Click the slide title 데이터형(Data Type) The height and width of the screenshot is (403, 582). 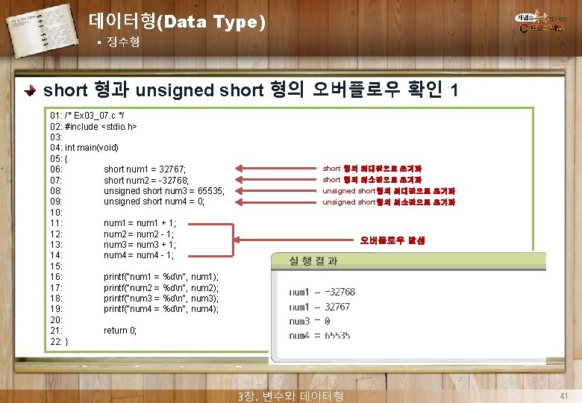[x=176, y=22]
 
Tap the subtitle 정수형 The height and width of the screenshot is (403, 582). [x=122, y=43]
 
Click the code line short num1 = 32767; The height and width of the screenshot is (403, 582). [x=145, y=169]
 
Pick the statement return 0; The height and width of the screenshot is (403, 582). [x=120, y=331]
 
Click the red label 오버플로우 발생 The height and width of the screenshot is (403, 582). [x=392, y=240]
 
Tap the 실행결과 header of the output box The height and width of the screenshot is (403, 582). [x=313, y=260]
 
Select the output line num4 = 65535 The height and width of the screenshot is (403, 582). [x=319, y=336]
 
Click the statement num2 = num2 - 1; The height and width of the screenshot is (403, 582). [x=140, y=234]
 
